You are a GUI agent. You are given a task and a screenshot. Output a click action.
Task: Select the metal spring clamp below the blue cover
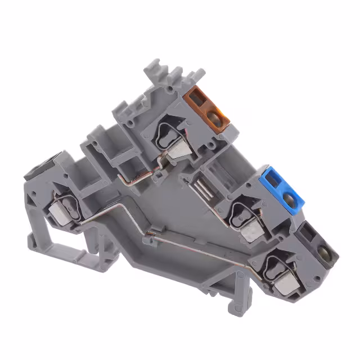click(248, 225)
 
